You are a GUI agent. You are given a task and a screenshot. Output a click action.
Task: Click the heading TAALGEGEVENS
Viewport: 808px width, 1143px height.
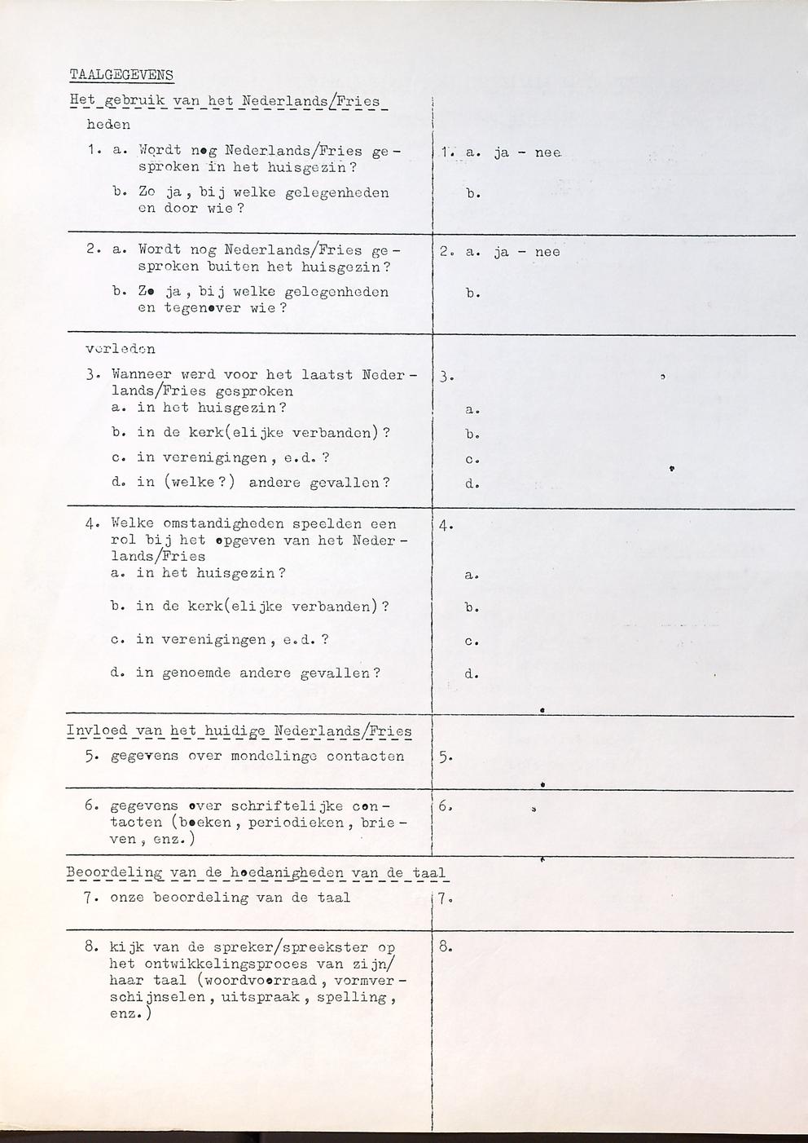(x=121, y=75)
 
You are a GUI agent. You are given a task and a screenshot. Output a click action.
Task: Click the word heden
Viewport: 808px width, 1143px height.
(x=108, y=125)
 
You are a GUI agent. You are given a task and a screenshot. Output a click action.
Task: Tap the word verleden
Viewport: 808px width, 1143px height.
(x=120, y=349)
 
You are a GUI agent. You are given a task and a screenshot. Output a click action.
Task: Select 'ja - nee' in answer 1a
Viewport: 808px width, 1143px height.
(x=527, y=152)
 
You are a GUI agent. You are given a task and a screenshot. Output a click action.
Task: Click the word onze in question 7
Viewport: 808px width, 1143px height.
(x=126, y=898)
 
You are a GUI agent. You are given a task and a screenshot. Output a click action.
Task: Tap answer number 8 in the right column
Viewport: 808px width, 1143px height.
(x=446, y=947)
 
